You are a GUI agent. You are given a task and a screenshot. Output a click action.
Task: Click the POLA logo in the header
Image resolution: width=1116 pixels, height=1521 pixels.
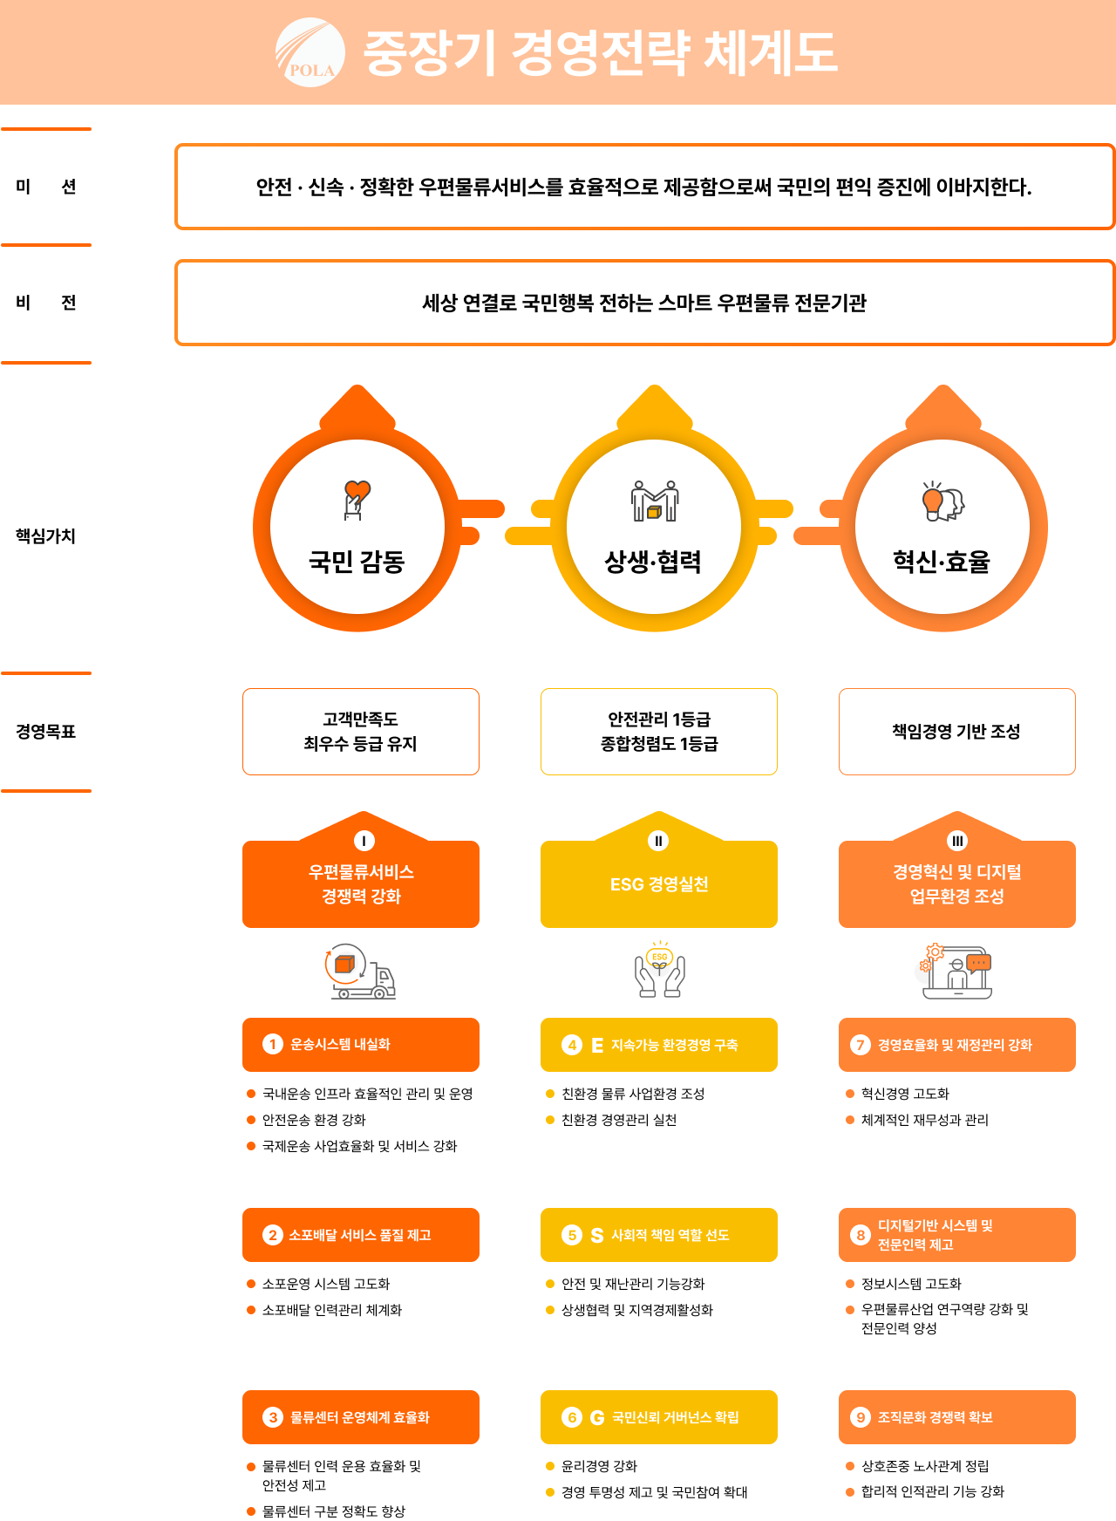pos(310,52)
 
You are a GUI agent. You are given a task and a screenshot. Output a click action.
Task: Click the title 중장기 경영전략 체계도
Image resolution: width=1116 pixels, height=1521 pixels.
pos(600,52)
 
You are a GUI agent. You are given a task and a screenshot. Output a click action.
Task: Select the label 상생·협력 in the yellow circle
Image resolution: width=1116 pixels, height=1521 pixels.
pos(653,562)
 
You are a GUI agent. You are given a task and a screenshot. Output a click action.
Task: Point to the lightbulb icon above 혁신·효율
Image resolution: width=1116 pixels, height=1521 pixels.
pos(942,501)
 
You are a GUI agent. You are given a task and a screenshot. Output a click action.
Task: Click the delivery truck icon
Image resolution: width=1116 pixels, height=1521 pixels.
pos(360,971)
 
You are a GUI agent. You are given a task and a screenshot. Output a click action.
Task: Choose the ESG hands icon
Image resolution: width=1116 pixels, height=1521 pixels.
pos(659,969)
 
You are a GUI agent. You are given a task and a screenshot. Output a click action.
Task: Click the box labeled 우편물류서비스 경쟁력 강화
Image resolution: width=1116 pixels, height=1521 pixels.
pos(361,883)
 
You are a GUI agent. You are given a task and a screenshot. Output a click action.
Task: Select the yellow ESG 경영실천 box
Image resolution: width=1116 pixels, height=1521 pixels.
pos(659,884)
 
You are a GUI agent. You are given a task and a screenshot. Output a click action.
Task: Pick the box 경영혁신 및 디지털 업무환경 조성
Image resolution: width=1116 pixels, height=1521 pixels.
pos(957,883)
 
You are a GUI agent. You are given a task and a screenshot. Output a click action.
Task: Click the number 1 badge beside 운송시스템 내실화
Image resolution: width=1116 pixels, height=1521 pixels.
pos(273,1044)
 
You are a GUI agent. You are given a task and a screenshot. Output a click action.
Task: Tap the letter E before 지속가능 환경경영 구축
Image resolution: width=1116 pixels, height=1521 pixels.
pos(597,1045)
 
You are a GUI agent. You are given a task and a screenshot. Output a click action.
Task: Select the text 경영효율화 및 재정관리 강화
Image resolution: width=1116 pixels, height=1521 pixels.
pos(955,1045)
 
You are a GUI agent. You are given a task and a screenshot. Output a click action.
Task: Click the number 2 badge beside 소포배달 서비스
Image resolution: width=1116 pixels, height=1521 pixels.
pos(273,1235)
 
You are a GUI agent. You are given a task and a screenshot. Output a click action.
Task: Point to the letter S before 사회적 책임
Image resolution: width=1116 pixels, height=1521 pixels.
pos(597,1235)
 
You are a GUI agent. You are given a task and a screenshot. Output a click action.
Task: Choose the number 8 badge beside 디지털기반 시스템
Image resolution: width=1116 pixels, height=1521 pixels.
pos(861,1235)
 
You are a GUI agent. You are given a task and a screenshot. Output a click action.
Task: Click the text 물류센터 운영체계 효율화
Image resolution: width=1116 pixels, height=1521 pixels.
pos(360,1417)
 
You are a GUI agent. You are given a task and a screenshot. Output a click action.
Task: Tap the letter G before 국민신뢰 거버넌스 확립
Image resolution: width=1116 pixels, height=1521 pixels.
pos(597,1417)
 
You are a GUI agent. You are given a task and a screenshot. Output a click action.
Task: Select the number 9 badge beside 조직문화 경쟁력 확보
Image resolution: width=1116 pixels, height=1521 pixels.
pos(861,1417)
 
